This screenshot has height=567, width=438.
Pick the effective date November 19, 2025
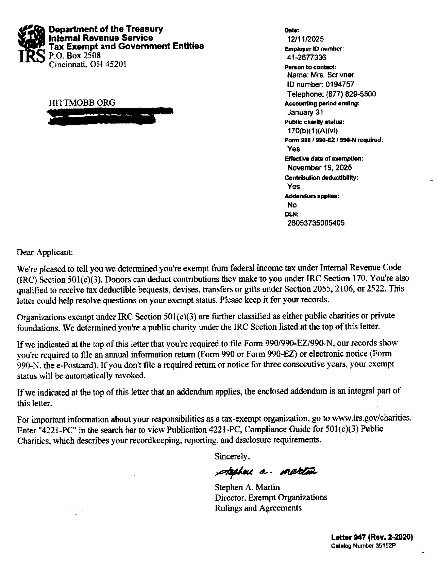[x=319, y=168]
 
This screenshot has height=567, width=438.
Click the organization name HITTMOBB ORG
[x=82, y=103]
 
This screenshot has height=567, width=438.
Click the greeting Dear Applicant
[x=45, y=252]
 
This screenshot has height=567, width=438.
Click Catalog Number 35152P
[x=363, y=553]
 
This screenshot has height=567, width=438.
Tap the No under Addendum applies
[x=292, y=205]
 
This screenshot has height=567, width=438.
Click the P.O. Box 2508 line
[x=74, y=55]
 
